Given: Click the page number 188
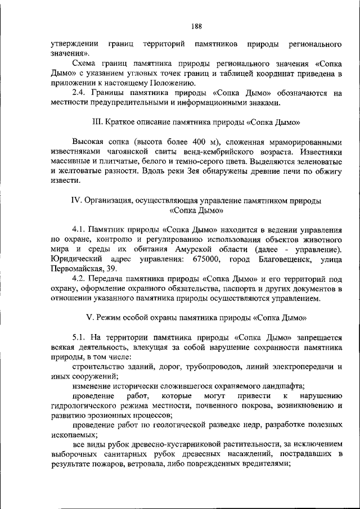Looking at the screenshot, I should click(x=196, y=26).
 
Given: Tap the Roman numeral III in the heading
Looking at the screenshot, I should click(x=97, y=122).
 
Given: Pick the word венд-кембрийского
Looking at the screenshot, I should click(x=197, y=152).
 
